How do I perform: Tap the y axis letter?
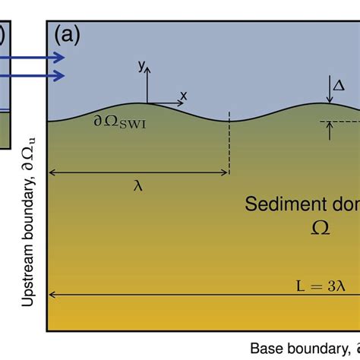point(141,67)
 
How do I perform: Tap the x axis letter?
point(183,95)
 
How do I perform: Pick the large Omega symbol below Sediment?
point(320,227)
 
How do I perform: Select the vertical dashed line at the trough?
point(229,147)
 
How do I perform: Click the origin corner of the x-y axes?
point(148,102)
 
